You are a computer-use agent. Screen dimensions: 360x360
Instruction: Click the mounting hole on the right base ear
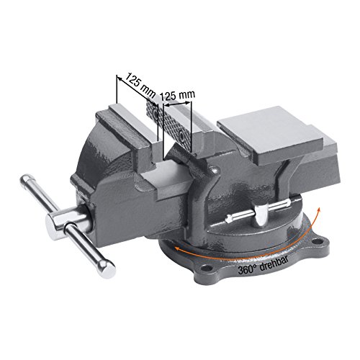point(318,234)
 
